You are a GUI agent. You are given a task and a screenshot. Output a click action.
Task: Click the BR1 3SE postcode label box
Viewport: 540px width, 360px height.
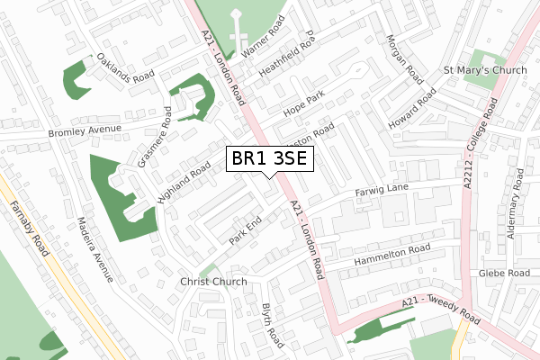pos(269,160)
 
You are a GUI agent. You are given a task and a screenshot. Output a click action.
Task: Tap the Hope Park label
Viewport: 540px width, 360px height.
pos(302,103)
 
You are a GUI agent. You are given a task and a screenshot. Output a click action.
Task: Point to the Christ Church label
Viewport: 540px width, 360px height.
pos(212,282)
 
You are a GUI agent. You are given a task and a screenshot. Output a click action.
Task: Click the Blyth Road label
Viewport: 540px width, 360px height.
pos(271,326)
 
